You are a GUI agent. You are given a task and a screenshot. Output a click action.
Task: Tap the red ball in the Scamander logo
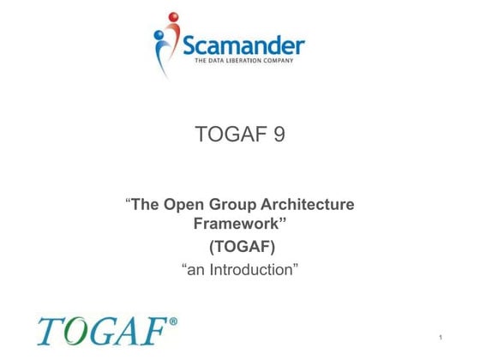pos(174,17)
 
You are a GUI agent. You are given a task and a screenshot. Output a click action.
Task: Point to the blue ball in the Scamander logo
pos(159,36)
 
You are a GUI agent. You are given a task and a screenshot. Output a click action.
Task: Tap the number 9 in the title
pos(279,135)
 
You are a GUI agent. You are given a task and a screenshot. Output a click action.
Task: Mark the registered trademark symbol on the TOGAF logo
pos(173,322)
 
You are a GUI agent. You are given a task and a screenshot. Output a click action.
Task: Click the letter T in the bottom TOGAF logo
pos(50,333)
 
